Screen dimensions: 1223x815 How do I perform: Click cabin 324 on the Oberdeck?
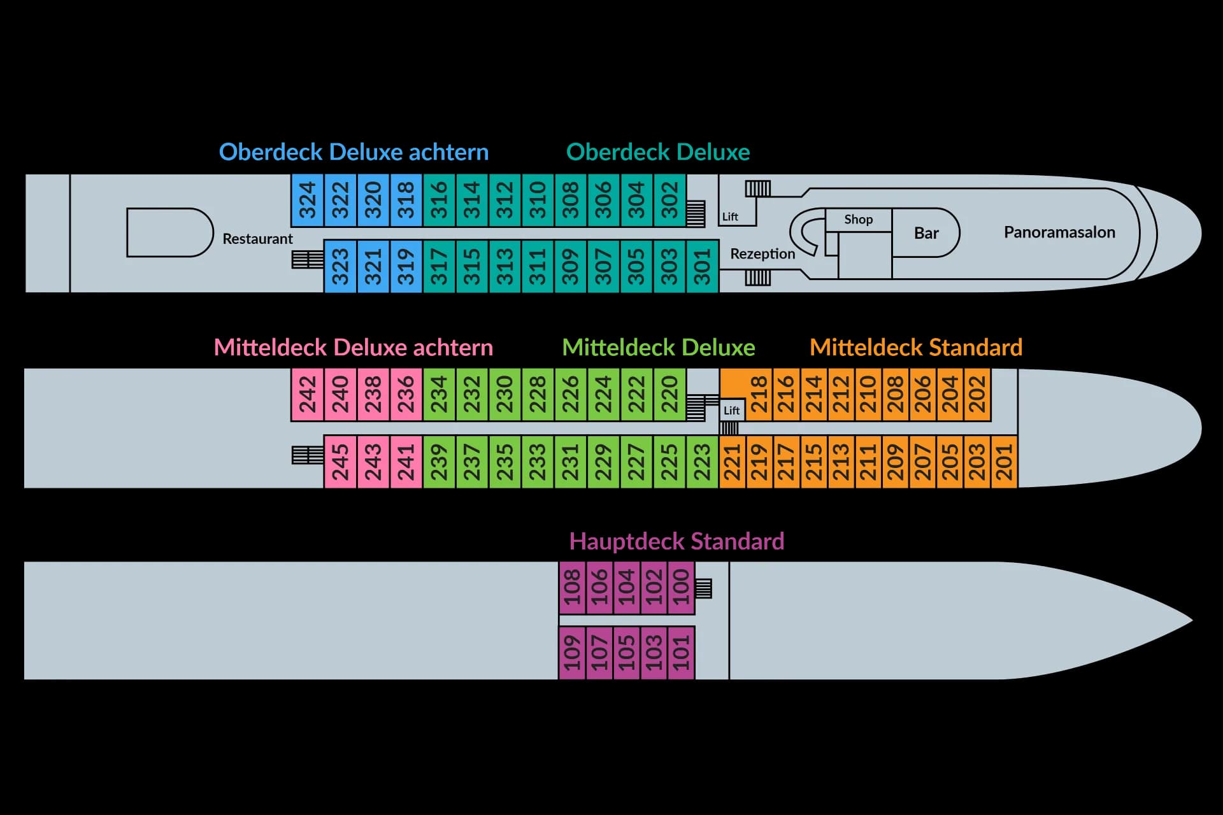308,201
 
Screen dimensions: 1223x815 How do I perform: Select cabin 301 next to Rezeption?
703,266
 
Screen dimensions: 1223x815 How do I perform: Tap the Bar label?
926,233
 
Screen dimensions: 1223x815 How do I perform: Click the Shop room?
858,220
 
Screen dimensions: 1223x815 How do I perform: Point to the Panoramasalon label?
1059,232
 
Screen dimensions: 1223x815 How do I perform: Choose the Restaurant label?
257,239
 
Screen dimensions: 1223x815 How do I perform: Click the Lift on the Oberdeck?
730,217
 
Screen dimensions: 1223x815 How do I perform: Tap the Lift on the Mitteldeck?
732,411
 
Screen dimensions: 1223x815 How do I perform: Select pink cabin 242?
308,395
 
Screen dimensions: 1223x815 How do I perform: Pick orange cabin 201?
1004,462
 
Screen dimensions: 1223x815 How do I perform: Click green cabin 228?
538,395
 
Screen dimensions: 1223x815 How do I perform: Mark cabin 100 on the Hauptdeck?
681,588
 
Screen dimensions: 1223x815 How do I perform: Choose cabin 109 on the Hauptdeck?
573,653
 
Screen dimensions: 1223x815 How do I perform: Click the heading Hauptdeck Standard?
676,541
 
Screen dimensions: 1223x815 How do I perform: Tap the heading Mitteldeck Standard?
916,348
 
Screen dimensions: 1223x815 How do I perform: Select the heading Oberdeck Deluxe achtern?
354,152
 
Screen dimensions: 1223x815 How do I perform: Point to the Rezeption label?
762,254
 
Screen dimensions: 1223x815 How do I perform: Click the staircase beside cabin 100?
703,588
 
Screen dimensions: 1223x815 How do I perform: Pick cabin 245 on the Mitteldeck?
340,462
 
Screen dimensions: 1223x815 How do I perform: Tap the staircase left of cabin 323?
308,259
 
